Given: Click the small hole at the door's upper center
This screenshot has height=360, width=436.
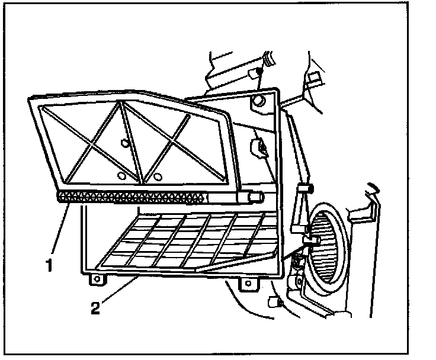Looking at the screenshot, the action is [124, 142].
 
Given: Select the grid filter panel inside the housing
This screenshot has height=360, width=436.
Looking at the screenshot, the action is [190, 240].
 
